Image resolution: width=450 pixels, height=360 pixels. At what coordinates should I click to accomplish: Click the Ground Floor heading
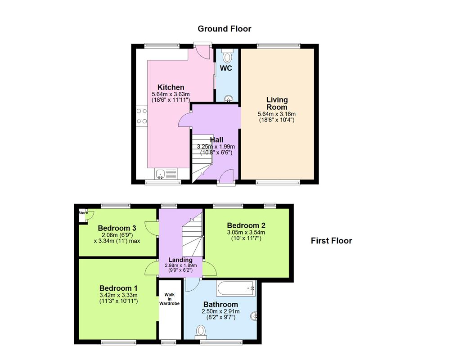pos(225,29)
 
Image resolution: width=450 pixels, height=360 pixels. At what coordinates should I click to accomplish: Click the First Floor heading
pos(331,241)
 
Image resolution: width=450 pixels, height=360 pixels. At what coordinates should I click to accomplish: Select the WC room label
pos(226,68)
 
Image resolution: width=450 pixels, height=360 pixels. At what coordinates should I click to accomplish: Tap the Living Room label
pos(277,103)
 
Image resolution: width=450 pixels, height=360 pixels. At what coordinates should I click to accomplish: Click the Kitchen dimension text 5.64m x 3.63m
pos(171,94)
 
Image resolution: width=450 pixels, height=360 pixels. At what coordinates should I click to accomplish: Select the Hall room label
pos(216,140)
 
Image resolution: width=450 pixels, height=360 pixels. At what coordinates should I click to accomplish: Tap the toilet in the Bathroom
pos(201,332)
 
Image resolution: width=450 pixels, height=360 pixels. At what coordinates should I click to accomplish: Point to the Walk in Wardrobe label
pos(169,299)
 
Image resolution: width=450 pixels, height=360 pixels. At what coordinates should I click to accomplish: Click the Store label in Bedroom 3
pos(82,212)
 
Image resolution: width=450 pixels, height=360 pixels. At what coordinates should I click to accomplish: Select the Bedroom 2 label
pos(246,225)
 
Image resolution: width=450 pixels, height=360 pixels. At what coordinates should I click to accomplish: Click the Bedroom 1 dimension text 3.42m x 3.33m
pos(118,295)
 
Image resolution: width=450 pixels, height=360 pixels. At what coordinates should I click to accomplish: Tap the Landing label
pos(180,260)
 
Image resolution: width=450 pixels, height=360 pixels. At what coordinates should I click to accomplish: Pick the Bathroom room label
pos(220,305)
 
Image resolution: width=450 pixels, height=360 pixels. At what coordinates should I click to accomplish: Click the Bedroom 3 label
pos(117,228)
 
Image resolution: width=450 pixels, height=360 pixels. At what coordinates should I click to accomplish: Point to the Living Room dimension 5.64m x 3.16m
pos(276,114)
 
